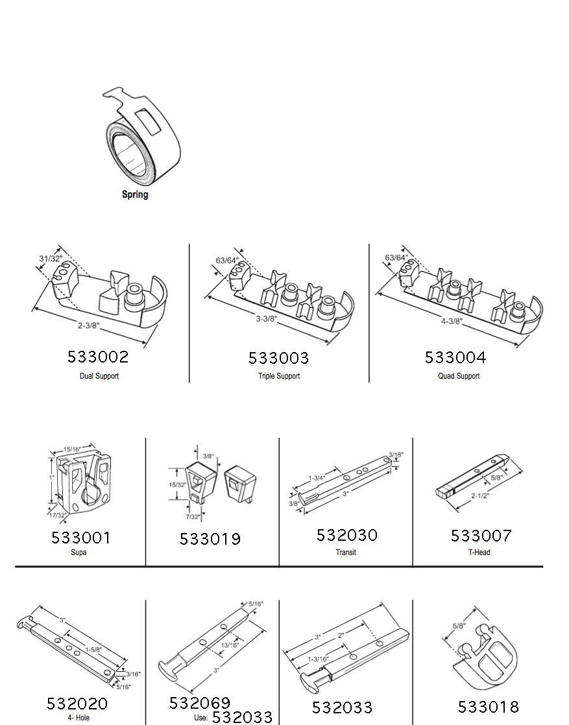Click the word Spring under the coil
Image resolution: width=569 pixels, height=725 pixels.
(x=134, y=194)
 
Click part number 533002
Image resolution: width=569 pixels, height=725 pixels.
(x=98, y=357)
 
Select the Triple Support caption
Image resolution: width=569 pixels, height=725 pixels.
(x=279, y=376)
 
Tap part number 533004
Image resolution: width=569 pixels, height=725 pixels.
(x=455, y=357)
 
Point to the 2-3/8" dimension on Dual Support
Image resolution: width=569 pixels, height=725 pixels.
(x=88, y=325)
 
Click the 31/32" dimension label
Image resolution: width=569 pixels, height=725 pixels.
(x=51, y=259)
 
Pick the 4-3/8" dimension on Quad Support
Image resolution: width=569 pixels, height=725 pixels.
(x=452, y=321)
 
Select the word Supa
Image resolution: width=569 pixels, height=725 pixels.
(x=79, y=552)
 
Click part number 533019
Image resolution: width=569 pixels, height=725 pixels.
(x=210, y=539)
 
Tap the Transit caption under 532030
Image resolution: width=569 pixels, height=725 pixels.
(x=346, y=552)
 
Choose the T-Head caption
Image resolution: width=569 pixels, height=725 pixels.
(x=479, y=552)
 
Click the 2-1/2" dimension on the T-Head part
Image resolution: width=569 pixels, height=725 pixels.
(x=480, y=495)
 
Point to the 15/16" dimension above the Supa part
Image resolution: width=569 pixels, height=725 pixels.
(x=72, y=449)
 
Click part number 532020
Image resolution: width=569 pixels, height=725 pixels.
(x=77, y=704)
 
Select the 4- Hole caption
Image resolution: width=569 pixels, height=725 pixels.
(x=79, y=718)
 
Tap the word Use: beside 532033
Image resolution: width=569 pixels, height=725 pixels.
(x=200, y=718)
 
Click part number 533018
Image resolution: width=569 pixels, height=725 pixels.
(x=489, y=706)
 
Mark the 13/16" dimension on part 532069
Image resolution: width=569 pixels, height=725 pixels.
(x=230, y=645)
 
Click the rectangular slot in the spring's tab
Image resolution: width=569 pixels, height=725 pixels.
(x=148, y=122)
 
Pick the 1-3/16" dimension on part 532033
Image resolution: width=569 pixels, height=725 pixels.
(x=319, y=659)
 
